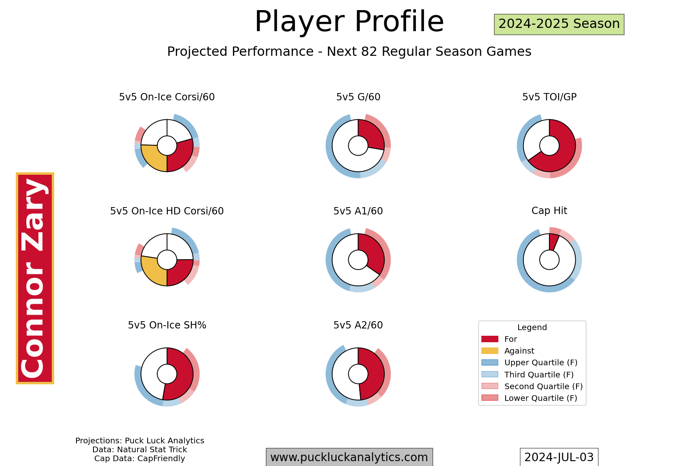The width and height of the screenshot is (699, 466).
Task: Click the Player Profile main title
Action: pos(349,21)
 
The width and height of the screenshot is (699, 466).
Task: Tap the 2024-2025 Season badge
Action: pos(559,24)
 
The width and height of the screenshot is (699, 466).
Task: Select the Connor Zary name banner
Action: pos(35,278)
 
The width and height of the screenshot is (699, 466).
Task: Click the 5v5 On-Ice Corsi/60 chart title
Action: pos(167,97)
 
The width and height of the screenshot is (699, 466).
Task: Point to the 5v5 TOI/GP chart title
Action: pos(549,97)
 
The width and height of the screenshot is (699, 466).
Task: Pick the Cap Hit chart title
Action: pos(549,211)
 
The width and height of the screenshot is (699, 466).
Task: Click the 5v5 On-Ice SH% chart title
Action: pos(167,325)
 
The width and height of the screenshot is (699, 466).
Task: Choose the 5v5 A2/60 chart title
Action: pos(358,325)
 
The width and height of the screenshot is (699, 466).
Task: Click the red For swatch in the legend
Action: pos(490,339)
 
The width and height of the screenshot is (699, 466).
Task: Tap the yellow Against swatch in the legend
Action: pos(490,351)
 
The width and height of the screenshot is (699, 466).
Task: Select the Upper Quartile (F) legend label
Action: pos(541,363)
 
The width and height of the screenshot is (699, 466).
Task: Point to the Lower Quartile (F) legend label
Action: pos(541,398)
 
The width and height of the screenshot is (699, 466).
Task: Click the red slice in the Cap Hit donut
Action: pos(553,242)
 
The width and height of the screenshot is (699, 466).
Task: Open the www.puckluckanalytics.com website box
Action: pos(349,457)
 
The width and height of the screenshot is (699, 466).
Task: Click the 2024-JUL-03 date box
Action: pos(559,457)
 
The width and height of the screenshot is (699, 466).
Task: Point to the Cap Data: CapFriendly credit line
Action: pos(140,459)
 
